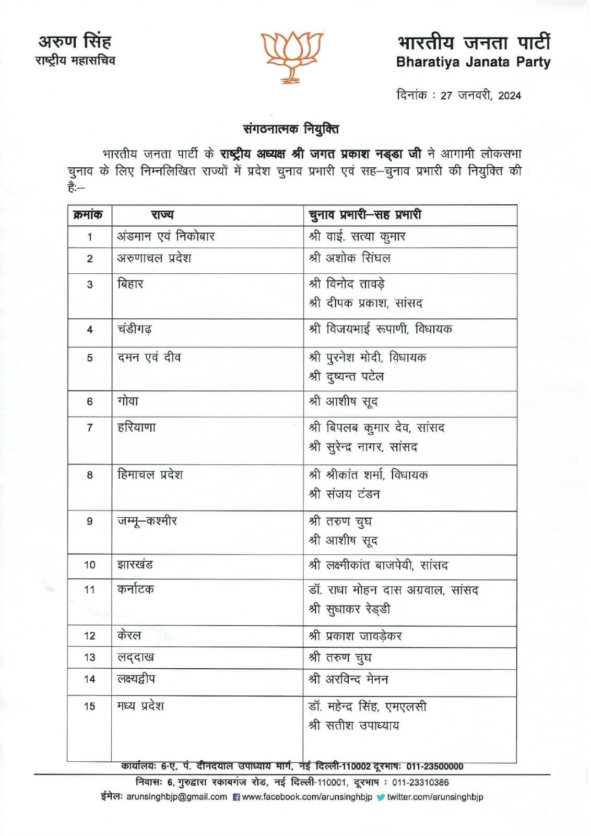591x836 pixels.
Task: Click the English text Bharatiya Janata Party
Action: click(x=473, y=63)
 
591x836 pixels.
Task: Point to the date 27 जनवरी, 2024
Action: click(x=480, y=95)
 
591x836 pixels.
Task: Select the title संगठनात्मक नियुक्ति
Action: click(x=291, y=128)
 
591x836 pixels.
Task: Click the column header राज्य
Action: click(x=162, y=215)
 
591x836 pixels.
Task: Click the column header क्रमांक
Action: click(x=89, y=215)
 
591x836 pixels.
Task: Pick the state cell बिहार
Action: click(x=130, y=284)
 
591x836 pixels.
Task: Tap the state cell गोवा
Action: click(x=128, y=402)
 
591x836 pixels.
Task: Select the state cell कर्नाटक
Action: click(x=135, y=589)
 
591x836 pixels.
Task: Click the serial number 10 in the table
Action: click(x=90, y=565)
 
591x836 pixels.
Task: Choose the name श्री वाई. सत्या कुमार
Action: click(x=357, y=237)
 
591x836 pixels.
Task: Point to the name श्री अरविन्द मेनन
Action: click(x=348, y=679)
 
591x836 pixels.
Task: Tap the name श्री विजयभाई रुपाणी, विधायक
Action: click(x=380, y=329)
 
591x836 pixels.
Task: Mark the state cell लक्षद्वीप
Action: click(x=136, y=679)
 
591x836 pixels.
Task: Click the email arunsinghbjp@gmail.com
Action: click(x=176, y=797)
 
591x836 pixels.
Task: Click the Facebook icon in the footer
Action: click(x=236, y=797)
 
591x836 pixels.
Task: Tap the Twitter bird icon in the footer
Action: click(x=381, y=797)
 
